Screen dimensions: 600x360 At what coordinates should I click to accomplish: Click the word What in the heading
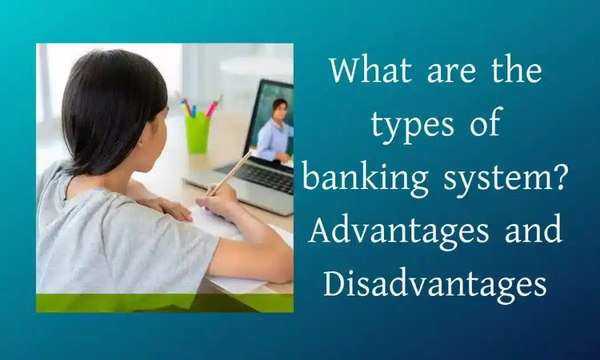pos(370,71)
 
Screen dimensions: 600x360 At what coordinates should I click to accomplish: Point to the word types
pos(412,126)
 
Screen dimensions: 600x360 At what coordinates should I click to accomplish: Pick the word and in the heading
pos(533,229)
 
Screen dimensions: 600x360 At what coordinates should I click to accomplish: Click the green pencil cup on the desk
pos(198,133)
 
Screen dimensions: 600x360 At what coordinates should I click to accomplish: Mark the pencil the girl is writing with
pos(229,174)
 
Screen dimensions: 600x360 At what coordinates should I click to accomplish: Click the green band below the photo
pos(165,303)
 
